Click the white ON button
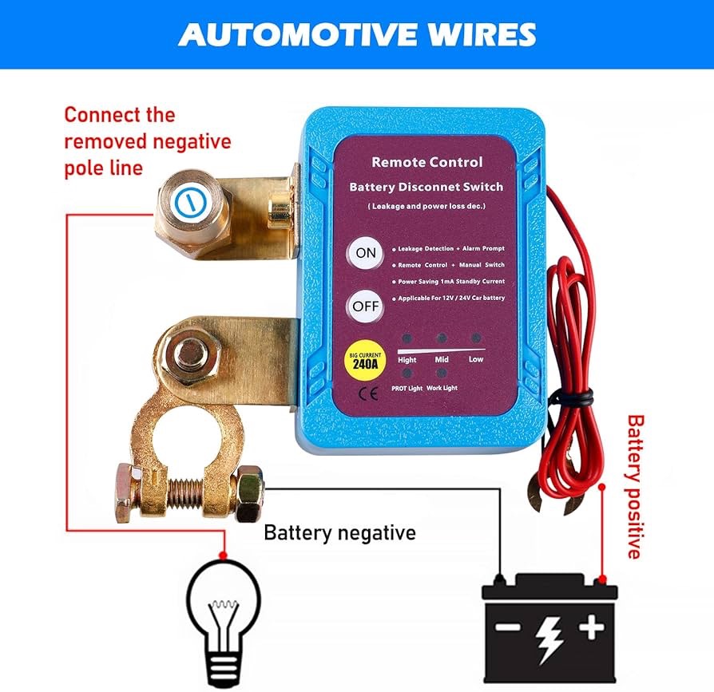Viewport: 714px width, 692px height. coord(365,254)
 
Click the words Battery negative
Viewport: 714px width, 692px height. coord(339,532)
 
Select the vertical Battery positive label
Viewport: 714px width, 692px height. coord(635,486)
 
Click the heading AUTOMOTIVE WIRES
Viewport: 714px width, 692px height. coord(357,34)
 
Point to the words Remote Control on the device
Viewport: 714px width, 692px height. coord(426,162)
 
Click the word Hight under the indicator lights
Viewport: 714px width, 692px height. coord(408,359)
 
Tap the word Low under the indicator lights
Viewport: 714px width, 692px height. coord(476,359)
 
